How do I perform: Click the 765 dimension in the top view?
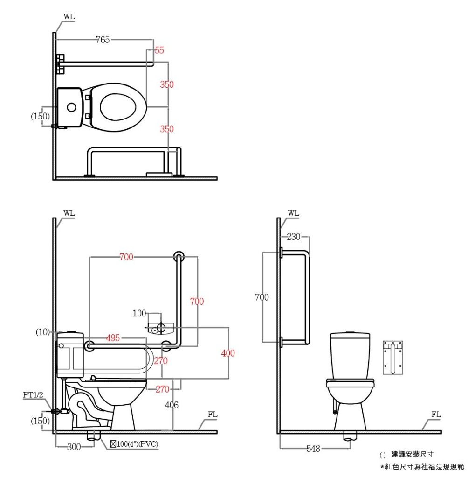click(103, 40)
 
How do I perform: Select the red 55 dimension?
click(159, 50)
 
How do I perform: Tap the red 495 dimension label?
click(113, 338)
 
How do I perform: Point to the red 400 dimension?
click(228, 353)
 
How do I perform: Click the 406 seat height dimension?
click(172, 405)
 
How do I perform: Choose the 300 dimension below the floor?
click(74, 447)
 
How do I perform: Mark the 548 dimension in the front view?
click(313, 449)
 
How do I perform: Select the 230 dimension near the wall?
click(294, 237)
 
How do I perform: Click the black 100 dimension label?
click(139, 313)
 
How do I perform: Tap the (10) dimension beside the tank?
click(42, 332)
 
